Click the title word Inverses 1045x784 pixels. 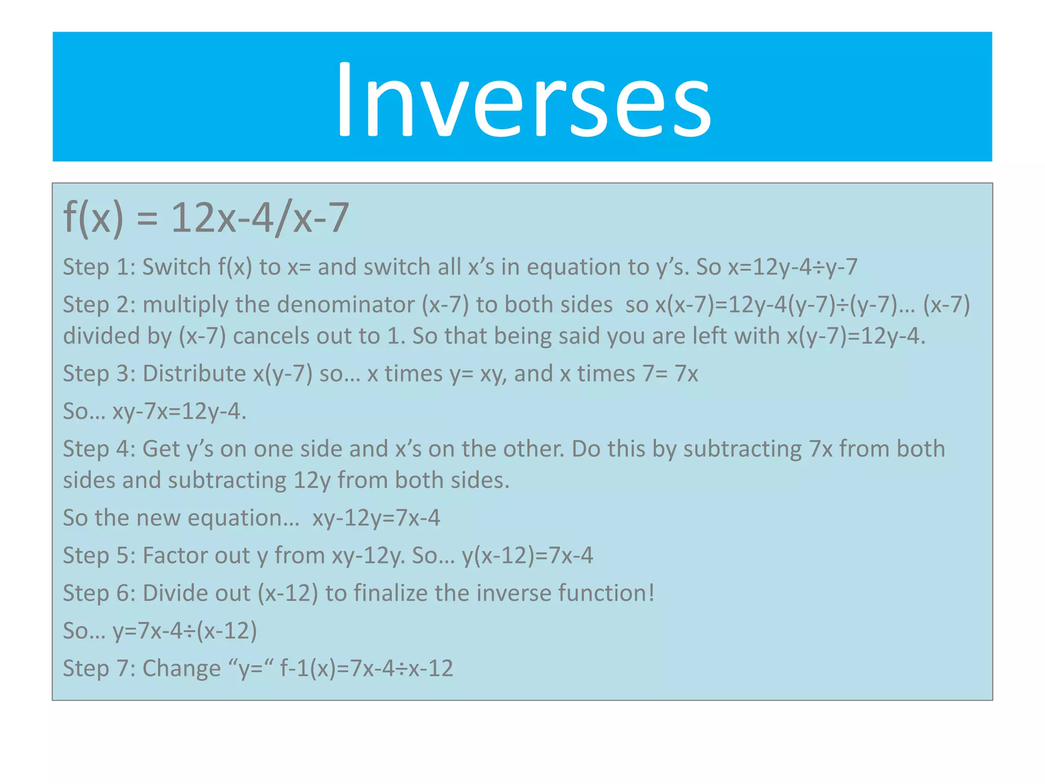point(522,100)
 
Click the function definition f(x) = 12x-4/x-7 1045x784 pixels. point(206,218)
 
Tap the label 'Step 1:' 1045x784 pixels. point(98,267)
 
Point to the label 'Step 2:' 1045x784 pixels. point(98,305)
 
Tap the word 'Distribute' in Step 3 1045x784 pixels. point(194,374)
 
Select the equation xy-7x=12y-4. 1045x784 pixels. point(179,411)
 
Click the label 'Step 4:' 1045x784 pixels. point(98,449)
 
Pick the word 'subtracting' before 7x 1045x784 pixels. point(742,449)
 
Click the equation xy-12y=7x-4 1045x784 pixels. point(376,518)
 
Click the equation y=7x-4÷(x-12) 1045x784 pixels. point(185,631)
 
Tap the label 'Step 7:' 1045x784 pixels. point(98,669)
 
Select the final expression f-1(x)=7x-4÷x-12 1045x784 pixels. point(366,669)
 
